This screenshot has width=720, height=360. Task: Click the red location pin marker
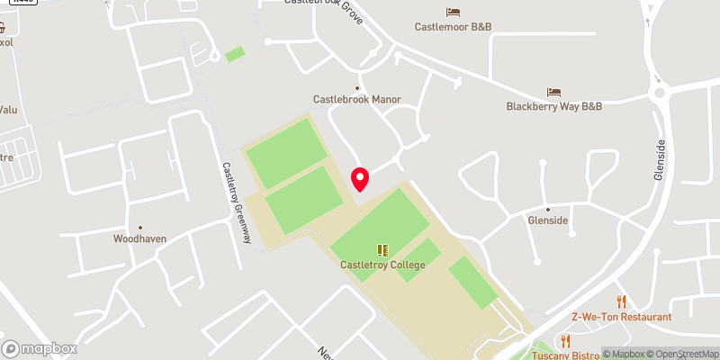click(360, 178)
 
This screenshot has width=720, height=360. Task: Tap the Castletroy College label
click(382, 265)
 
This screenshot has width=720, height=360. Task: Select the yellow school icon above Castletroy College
click(382, 250)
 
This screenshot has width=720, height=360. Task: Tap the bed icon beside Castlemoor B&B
click(453, 13)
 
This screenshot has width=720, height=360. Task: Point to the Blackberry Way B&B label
click(553, 106)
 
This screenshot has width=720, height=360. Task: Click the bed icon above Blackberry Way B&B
click(554, 92)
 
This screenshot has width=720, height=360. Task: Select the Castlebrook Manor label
click(356, 99)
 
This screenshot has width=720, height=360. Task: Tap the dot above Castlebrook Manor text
click(357, 87)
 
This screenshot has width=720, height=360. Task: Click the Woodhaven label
click(139, 238)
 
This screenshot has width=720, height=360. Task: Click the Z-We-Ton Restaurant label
click(621, 317)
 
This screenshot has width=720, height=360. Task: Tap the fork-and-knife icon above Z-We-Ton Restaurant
click(621, 301)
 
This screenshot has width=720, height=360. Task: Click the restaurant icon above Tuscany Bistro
click(566, 341)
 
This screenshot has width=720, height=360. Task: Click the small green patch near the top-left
click(235, 55)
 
